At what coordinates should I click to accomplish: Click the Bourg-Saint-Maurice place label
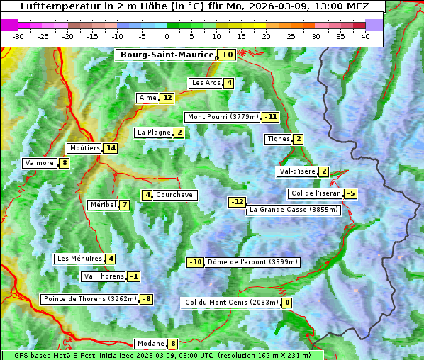click(x=167, y=55)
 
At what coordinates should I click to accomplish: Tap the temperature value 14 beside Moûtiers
click(x=110, y=148)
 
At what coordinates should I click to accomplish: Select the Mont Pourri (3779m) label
click(x=222, y=117)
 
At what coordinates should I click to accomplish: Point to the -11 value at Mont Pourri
click(x=270, y=117)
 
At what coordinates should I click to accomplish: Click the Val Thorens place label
click(x=104, y=276)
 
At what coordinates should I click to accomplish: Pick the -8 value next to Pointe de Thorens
click(x=146, y=299)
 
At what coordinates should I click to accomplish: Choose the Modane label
click(x=150, y=344)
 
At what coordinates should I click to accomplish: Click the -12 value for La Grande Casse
click(x=237, y=202)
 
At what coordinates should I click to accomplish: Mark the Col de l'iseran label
click(x=316, y=193)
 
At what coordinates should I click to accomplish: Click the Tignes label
click(x=279, y=139)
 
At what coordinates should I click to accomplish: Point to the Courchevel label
click(x=175, y=195)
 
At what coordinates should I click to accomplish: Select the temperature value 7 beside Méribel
click(x=125, y=205)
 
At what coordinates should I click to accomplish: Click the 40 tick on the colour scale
click(x=364, y=36)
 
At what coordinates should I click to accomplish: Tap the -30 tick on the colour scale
click(x=18, y=36)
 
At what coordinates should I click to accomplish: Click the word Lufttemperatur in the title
click(x=56, y=6)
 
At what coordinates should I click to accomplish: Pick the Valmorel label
click(x=40, y=163)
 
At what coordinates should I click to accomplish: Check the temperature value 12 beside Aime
click(x=167, y=98)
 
